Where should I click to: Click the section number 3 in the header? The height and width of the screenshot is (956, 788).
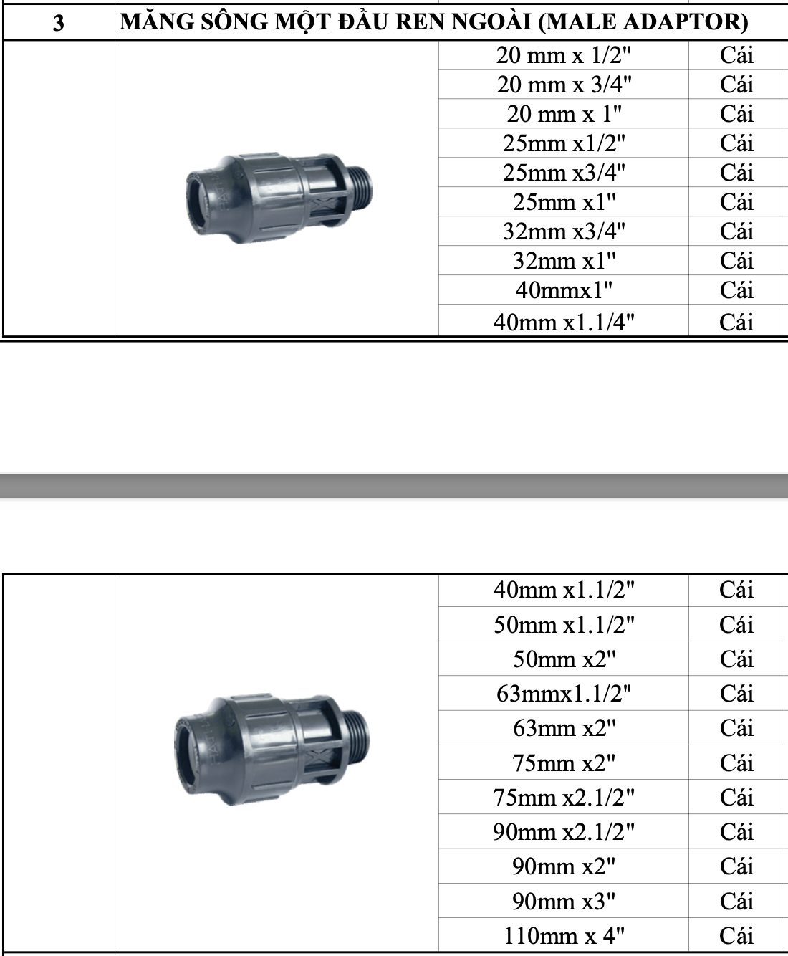coord(58,22)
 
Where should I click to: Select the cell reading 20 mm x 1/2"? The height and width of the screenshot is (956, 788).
coord(563,55)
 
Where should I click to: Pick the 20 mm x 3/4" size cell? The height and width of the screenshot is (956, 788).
coord(564,85)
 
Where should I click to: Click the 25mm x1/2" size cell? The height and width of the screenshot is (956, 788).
coord(564,143)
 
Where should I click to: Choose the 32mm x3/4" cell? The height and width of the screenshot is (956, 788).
coord(564,231)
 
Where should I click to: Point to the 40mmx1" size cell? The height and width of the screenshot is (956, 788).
coord(564,290)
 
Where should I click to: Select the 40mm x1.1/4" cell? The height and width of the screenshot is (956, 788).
coord(564,322)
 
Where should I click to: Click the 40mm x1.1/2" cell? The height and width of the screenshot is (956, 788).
coord(564,590)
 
